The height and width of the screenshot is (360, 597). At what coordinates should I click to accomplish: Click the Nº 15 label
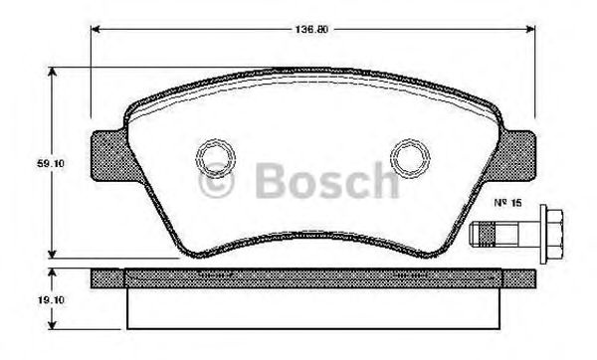(508, 205)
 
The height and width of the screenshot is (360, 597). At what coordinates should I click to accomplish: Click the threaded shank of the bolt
(487, 236)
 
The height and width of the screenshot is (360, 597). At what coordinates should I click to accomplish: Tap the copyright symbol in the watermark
(214, 182)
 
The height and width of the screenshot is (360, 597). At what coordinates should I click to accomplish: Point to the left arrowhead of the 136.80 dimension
(97, 28)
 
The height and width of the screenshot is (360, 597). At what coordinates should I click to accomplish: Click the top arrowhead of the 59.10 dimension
(53, 71)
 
